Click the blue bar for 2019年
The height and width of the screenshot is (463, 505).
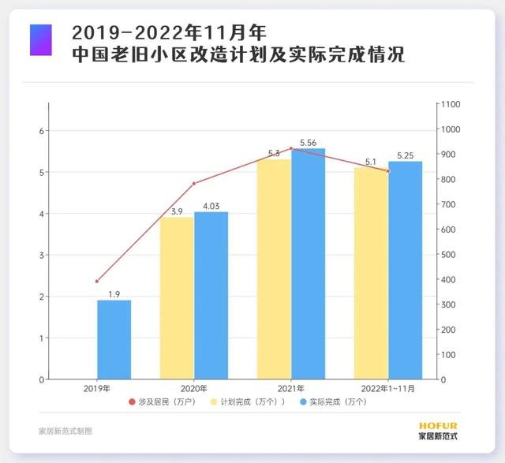click(x=114, y=339)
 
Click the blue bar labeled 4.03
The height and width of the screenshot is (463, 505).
click(x=211, y=295)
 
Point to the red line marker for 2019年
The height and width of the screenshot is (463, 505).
click(x=97, y=281)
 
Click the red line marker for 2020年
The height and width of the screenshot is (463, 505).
click(x=194, y=184)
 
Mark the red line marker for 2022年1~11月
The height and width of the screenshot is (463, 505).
click(x=387, y=170)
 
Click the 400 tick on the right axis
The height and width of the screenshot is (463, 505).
click(x=447, y=279)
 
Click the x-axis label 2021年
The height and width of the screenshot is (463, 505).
click(x=290, y=388)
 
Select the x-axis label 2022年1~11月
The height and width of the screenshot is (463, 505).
click(x=387, y=388)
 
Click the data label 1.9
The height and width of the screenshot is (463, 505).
click(x=114, y=294)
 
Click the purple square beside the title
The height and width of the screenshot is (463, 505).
click(x=40, y=39)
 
